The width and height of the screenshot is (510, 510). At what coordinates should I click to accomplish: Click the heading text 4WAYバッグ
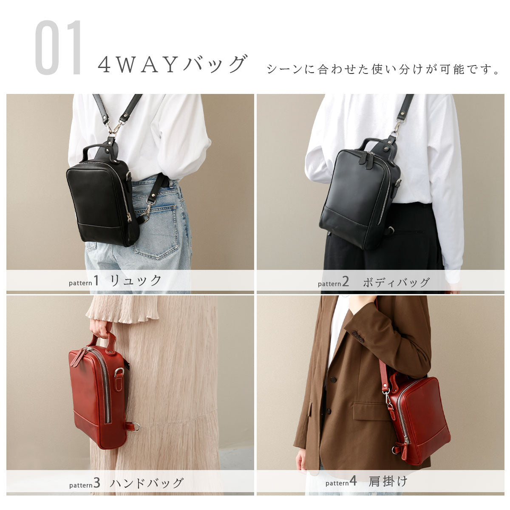tap(172, 65)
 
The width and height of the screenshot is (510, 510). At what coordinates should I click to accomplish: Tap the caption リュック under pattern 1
tap(136, 280)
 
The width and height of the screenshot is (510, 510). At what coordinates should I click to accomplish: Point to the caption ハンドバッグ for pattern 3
tap(147, 483)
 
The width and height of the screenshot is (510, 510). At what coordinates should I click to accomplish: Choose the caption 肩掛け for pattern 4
tap(388, 482)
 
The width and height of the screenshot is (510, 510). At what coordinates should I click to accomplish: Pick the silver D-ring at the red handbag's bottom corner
tap(135, 426)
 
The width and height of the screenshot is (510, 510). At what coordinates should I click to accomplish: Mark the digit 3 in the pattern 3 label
tap(96, 483)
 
